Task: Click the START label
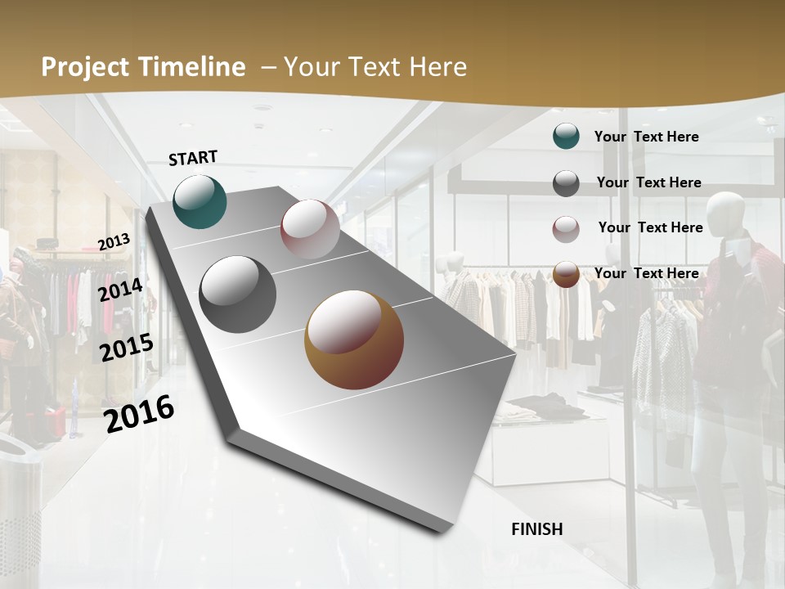[x=193, y=158]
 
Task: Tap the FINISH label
[x=537, y=529]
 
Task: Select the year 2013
[x=114, y=242]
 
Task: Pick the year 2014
[x=121, y=290]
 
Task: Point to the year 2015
[x=127, y=348]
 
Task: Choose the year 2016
[x=139, y=414]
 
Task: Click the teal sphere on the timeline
[x=200, y=201]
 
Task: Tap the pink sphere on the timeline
[x=310, y=229]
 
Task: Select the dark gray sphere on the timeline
[x=238, y=294]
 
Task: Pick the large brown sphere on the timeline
[x=354, y=339]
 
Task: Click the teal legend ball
[x=566, y=137]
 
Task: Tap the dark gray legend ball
[x=566, y=183]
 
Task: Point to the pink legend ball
[x=566, y=229]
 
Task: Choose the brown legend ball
[x=566, y=274]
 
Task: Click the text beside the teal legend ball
[x=647, y=137]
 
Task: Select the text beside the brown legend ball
[x=647, y=273]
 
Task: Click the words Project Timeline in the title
[x=143, y=67]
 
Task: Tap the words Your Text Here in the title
[x=375, y=67]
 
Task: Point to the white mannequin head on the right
[x=725, y=214]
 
